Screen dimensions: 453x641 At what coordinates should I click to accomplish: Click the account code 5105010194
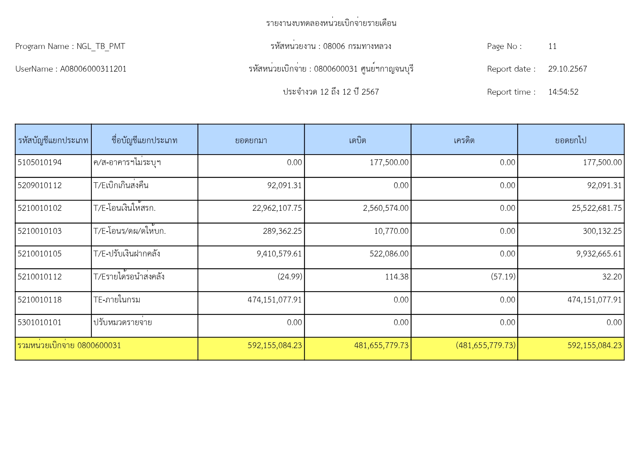[39, 163]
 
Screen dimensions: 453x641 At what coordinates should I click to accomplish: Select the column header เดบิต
[357, 140]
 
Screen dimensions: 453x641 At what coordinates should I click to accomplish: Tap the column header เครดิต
[464, 140]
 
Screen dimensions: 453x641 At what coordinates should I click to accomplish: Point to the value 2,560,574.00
[386, 208]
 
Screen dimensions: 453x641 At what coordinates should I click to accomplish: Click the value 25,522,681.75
[596, 208]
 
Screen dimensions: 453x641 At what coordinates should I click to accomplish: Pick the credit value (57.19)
[503, 277]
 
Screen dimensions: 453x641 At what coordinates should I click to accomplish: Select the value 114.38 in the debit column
[397, 277]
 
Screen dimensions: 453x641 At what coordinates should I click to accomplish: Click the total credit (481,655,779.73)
[485, 346]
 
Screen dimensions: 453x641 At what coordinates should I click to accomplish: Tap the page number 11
[552, 46]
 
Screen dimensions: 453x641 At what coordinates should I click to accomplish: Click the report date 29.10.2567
[567, 69]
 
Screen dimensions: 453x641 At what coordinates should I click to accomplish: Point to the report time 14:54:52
[563, 92]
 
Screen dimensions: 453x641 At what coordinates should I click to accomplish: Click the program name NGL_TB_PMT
[101, 46]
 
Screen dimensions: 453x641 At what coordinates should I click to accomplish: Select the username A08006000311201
[93, 69]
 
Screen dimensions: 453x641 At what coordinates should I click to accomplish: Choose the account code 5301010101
[39, 323]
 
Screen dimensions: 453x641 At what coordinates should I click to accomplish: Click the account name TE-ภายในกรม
[117, 300]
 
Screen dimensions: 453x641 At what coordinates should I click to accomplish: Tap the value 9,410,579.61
[279, 254]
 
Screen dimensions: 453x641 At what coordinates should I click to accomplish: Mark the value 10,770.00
[391, 231]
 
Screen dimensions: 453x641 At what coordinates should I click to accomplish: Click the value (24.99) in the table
[290, 277]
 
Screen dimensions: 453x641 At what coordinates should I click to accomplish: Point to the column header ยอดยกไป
[571, 140]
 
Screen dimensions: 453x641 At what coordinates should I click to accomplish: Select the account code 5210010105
[39, 254]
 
